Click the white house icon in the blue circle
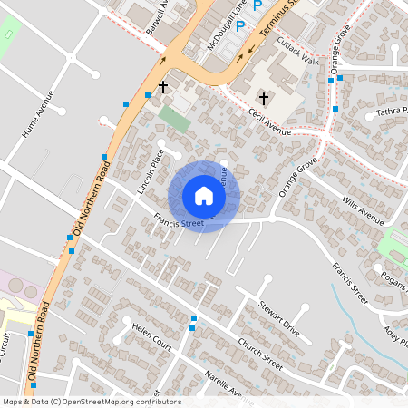tap(204, 196)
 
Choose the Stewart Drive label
tap(278, 317)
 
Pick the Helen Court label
tap(151, 335)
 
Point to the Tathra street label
tap(393, 114)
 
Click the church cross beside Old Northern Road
tap(163, 88)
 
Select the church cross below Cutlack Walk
tap(264, 97)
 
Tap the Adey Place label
tap(396, 336)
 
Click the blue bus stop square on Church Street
tap(194, 318)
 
